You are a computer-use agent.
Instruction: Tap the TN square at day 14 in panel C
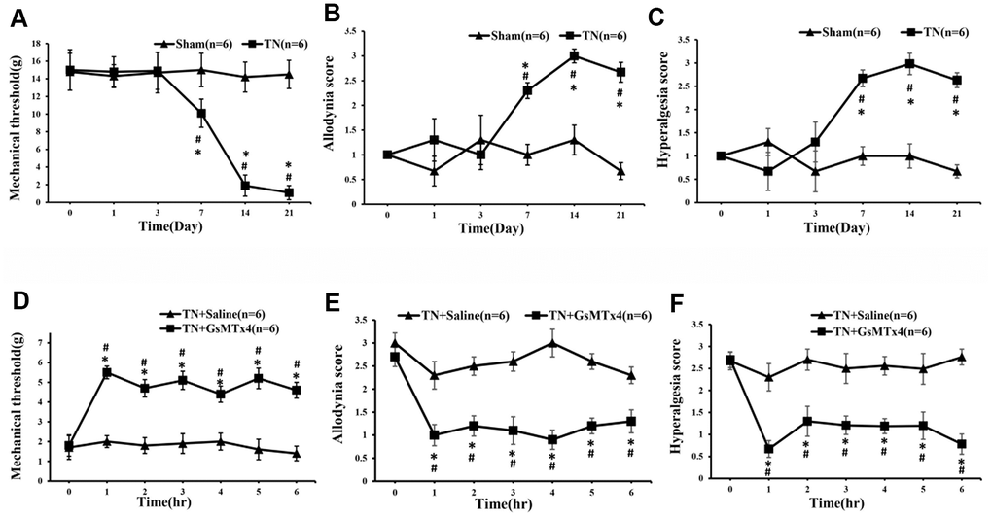[908, 64]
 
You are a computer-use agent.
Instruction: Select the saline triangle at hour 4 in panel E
[551, 342]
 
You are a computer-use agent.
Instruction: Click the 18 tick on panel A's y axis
[35, 43]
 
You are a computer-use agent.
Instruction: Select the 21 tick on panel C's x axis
[956, 212]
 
